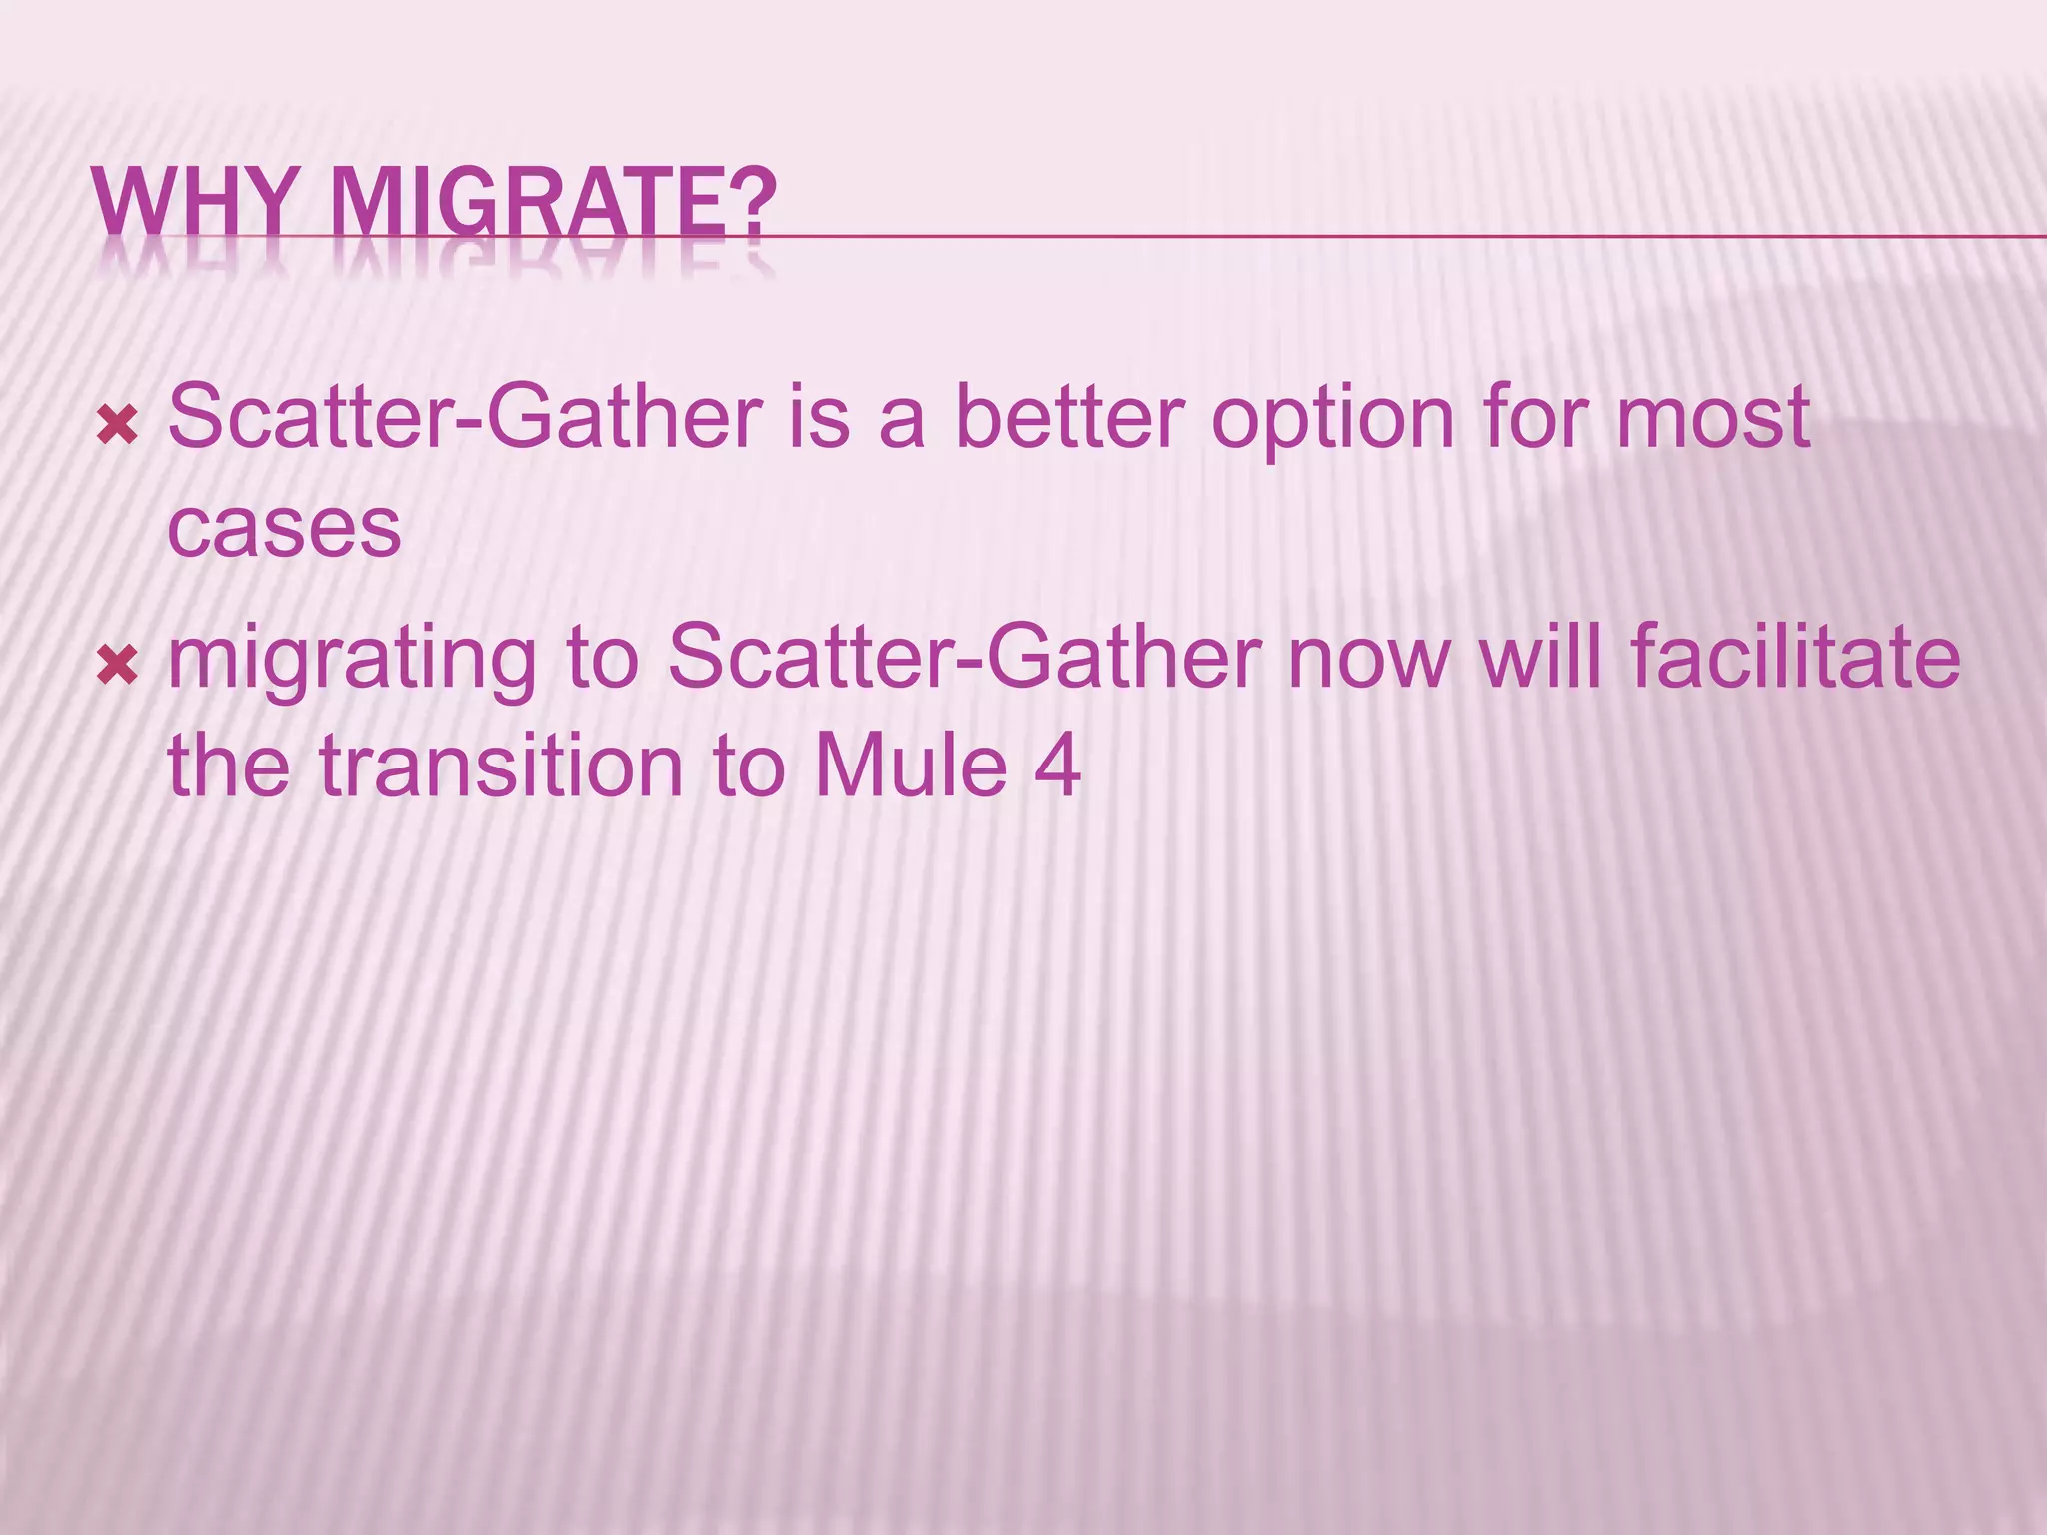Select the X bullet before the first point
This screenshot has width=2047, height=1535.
[x=117, y=427]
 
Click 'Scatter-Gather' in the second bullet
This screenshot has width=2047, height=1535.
[x=965, y=657]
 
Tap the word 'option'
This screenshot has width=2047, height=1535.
[x=1333, y=421]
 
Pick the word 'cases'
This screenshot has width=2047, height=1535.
[x=284, y=529]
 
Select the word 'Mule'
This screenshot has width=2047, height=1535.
[x=910, y=767]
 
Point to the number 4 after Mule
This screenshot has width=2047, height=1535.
[x=1057, y=767]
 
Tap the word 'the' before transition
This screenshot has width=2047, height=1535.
[x=229, y=767]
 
